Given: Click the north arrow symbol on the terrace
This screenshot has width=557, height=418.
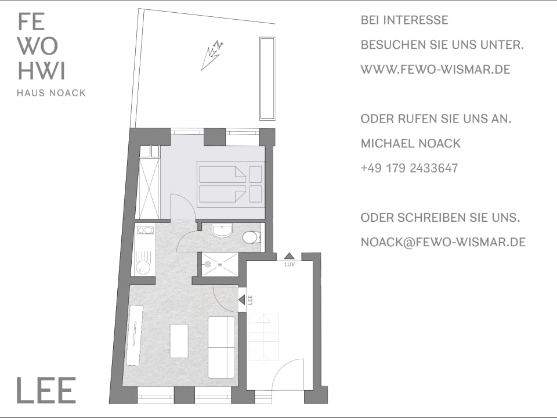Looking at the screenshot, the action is coord(212,55).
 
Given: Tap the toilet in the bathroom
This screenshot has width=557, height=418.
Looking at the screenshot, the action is coord(251,237).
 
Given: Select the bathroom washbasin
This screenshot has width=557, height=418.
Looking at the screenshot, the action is coord(222,230).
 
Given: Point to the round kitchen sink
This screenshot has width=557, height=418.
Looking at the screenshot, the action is coord(143,267).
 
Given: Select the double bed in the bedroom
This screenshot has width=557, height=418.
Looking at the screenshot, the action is coord(230,184).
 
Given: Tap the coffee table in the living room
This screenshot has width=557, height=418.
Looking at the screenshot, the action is coord(179,341).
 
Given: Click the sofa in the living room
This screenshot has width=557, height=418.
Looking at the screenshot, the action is coord(221,347).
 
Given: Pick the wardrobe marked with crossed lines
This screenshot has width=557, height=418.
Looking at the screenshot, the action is coord(149,189).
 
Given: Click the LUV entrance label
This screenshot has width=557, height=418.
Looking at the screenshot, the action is coord(290,265).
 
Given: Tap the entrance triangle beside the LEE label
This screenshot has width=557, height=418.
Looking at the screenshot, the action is coord(241,300).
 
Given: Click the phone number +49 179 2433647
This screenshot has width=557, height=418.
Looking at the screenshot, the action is coord(409,168).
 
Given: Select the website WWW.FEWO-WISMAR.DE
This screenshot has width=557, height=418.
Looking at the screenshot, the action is coord(436,69).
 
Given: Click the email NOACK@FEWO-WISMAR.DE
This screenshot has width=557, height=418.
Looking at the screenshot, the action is coord(443,242).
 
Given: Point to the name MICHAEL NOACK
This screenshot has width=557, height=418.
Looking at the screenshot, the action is coord(411,143).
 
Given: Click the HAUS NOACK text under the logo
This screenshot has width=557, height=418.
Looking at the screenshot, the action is coord(51,93).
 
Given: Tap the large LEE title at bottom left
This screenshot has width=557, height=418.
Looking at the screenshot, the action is coord(46,390).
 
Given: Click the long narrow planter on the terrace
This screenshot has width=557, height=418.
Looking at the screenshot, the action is coord(267,78).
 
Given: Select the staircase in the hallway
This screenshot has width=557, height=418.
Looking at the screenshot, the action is coord(263,338).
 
